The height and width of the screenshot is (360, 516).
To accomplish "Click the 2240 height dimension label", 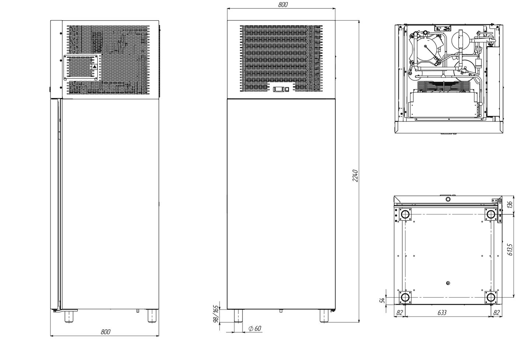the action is point(355,176).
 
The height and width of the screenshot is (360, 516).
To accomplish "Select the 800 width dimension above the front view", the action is point(283,5).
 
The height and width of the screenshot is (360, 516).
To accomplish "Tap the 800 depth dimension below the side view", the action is point(105,332).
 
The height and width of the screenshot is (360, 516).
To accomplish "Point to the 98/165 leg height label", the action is point(216,314).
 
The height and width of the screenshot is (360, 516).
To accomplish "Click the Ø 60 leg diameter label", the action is point(255,328).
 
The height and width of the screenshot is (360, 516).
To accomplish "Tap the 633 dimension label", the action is point(442,312).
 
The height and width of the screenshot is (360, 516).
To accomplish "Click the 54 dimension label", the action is point(382,300).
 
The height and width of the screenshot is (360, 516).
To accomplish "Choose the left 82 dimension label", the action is point(400,312).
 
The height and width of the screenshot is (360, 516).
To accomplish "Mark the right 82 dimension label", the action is point(496,312).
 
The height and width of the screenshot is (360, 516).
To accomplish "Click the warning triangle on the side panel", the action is point(94,67).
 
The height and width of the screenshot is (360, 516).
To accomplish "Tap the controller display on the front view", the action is point(279,90).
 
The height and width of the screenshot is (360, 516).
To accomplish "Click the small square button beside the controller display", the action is point(287,90).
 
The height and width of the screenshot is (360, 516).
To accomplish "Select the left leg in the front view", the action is point(238,315).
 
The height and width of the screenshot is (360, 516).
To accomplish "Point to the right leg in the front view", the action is point(324,315).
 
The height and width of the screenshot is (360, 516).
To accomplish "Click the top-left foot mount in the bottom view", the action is point(405,214).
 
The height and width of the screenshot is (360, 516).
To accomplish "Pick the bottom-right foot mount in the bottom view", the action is point(491,297).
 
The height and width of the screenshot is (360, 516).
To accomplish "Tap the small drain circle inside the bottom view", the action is point(448,283).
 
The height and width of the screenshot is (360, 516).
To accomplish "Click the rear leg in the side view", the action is point(152,315).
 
